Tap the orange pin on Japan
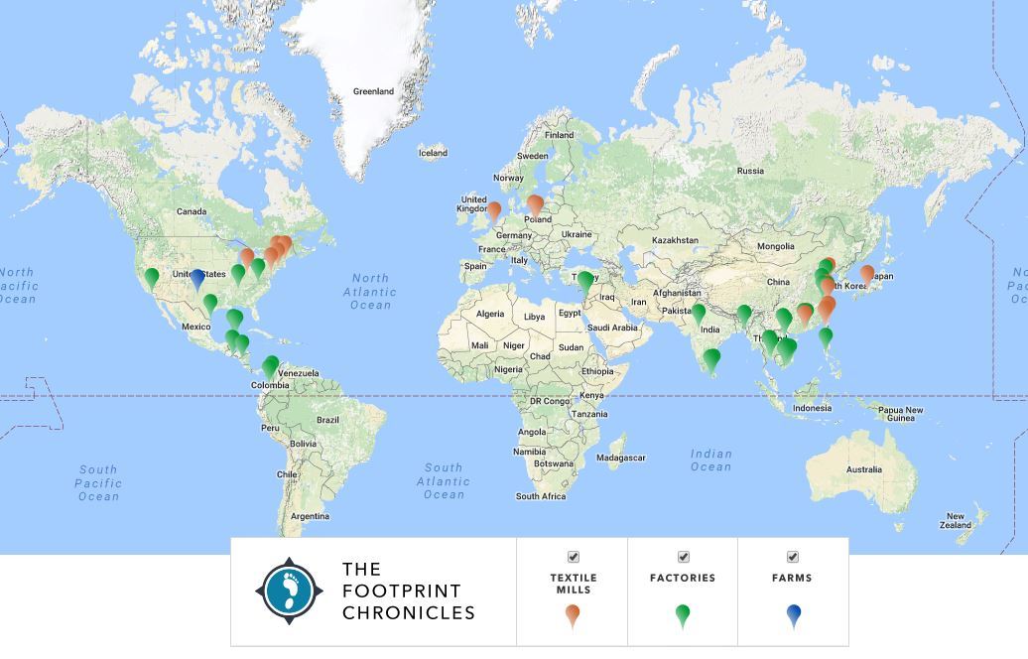[x=866, y=273]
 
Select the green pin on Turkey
[x=585, y=281]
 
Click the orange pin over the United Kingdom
[x=493, y=209]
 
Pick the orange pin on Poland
[x=535, y=204]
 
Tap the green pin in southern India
[x=711, y=358]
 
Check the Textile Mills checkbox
[x=573, y=557]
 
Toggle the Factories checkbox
[x=683, y=557]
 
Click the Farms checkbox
[x=793, y=557]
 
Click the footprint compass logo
[x=289, y=591]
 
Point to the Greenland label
[x=373, y=91]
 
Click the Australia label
[x=863, y=469]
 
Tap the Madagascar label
[x=621, y=458]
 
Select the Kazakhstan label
[x=676, y=240]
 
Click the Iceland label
[x=433, y=153]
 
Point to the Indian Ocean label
[x=710, y=461]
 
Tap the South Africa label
[x=541, y=496]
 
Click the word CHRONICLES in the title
[x=409, y=613]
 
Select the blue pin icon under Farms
[x=793, y=615]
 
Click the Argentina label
[x=310, y=516]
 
